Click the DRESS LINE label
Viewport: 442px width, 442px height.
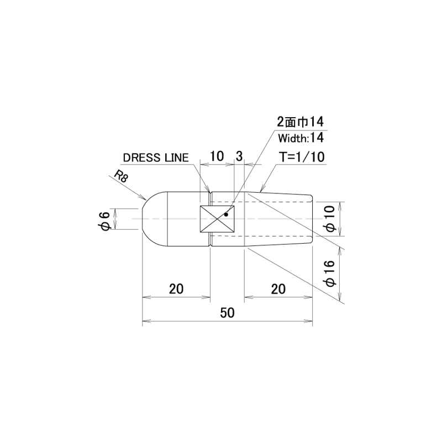tap(156, 157)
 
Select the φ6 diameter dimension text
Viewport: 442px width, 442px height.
tap(105, 222)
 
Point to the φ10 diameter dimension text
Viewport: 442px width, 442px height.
tap(330, 219)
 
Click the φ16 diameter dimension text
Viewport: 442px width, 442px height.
tap(330, 273)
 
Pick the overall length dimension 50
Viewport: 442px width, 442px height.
tap(227, 313)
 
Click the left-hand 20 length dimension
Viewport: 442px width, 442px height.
tap(176, 288)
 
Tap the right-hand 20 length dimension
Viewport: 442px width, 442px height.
tap(278, 288)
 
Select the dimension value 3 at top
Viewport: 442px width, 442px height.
tap(239, 156)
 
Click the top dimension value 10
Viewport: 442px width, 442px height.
tap(217, 156)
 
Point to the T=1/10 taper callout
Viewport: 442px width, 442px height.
tap(302, 157)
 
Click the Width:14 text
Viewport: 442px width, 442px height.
tap(301, 138)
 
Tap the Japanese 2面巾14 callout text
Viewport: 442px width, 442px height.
tap(301, 122)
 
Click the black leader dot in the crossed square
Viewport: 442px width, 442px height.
tap(226, 214)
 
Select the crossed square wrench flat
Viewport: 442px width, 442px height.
tap(217, 219)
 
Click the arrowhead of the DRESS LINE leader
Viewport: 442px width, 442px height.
tap(208, 189)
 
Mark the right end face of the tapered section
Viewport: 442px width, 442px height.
tap(312, 219)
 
